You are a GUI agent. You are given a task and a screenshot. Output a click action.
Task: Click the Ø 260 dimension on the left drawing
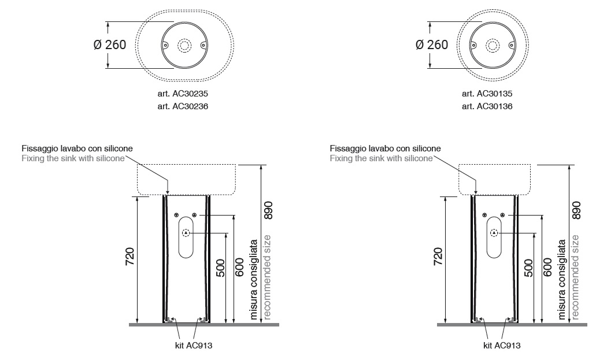pyautogui.click(x=109, y=45)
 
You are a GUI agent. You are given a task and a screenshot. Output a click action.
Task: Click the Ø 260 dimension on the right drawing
pyautogui.click(x=432, y=45)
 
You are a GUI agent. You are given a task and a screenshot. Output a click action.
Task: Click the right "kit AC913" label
pyautogui.click(x=502, y=346)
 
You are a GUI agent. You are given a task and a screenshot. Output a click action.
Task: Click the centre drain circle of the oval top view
pyautogui.click(x=184, y=45)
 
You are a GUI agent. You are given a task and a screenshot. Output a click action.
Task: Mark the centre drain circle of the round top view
pyautogui.click(x=493, y=45)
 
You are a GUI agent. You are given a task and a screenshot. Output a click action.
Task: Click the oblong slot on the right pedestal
pyautogui.click(x=494, y=237)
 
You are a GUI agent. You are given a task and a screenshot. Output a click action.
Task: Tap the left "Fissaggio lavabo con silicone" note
pyautogui.click(x=77, y=149)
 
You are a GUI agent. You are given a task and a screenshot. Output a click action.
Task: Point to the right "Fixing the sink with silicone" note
pyautogui.click(x=381, y=158)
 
